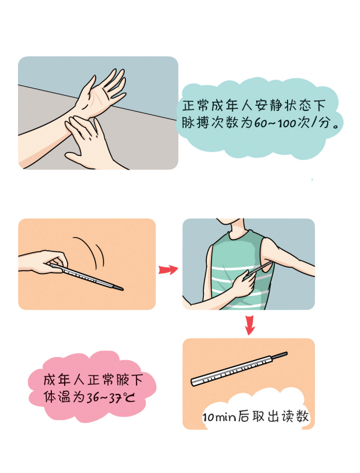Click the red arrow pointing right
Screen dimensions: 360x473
tap(168, 269)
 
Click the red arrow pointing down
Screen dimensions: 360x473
tap(250, 325)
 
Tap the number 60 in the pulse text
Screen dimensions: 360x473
tap(259, 123)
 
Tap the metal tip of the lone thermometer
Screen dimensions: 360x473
tap(280, 356)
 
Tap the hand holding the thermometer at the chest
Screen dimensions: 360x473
tap(243, 284)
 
